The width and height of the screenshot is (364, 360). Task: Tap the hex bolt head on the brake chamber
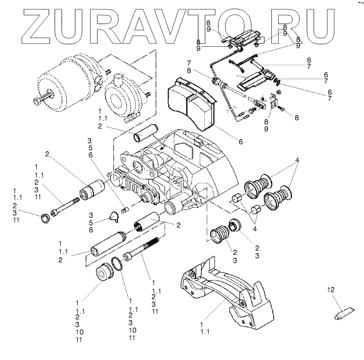pos(37,101)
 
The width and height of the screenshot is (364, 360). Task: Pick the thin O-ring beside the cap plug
pos(116,265)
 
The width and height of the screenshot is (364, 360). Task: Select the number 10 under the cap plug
pos(80,332)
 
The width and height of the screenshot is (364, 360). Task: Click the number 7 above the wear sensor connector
pos(188,63)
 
